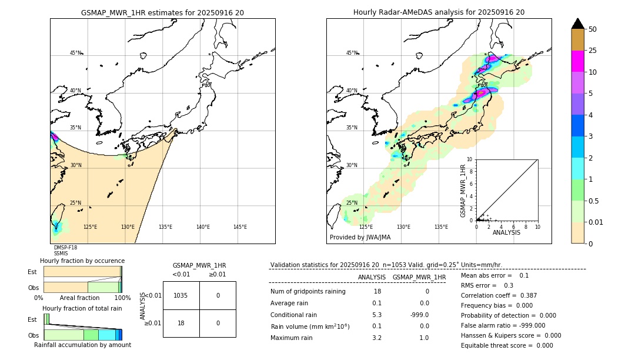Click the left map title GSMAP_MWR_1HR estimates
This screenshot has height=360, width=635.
click(162, 12)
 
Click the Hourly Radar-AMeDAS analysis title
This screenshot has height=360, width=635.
click(439, 12)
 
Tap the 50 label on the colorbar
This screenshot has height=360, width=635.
click(593, 29)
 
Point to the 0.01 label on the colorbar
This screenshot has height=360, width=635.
click(596, 222)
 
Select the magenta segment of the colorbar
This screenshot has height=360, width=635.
click(578, 61)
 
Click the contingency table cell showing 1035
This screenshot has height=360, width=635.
click(181, 295)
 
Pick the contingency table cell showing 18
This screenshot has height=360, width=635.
click(181, 323)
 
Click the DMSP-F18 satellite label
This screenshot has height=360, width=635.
click(65, 248)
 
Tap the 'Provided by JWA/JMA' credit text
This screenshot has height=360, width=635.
click(360, 237)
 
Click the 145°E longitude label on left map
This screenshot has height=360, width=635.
click(240, 227)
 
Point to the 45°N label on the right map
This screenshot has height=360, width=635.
click(352, 53)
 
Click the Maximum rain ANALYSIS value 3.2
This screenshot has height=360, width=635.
click(377, 338)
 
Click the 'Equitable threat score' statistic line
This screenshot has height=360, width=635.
click(507, 345)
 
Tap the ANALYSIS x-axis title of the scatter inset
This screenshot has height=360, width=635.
click(506, 232)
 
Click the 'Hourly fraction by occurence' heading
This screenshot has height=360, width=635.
click(82, 261)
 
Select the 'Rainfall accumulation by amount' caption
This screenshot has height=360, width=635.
click(82, 345)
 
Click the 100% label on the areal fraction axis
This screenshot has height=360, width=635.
click(122, 298)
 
